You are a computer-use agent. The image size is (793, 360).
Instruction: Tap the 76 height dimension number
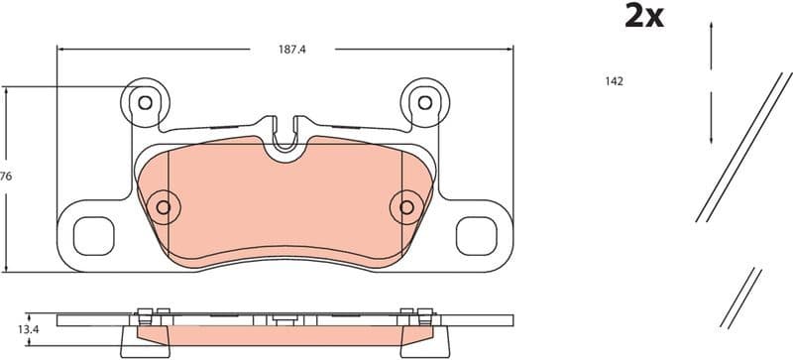coord(6,176)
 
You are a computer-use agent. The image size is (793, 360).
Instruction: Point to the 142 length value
coord(614,81)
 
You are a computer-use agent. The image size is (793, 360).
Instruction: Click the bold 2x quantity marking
coord(643,17)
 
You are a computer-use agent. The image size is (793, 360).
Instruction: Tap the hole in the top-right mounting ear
coord(425,101)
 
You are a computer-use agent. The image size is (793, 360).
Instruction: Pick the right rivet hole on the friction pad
coord(406,206)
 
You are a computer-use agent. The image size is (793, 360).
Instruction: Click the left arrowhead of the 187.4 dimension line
coord(62,46)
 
